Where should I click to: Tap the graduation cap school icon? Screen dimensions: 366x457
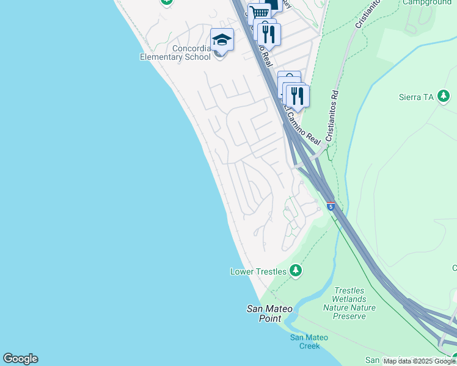[222, 40]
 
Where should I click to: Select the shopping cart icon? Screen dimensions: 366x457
[260, 12]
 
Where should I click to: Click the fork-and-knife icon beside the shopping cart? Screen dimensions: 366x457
[269, 32]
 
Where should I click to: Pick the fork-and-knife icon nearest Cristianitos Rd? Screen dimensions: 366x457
[298, 95]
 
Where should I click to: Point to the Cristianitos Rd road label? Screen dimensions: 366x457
[332, 117]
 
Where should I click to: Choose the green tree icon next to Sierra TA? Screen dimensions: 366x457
[444, 96]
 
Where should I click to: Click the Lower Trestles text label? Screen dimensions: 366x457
[258, 271]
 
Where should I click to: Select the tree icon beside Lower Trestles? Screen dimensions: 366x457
[296, 270]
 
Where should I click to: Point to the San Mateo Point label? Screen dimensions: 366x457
[269, 314]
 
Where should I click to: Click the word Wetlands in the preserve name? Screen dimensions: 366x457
[349, 299]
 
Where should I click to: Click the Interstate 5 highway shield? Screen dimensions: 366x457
[331, 206]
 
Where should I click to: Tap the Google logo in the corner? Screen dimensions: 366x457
[20, 359]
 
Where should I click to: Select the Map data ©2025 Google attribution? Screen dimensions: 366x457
[419, 362]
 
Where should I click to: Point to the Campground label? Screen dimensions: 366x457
[427, 2]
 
